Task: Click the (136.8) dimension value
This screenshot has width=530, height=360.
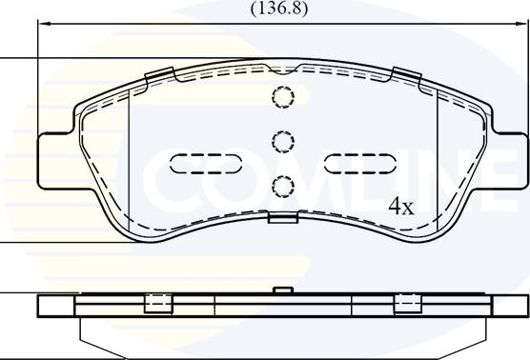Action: tap(279, 9)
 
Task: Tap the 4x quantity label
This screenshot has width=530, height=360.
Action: tap(401, 207)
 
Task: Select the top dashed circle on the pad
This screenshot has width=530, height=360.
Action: tap(283, 97)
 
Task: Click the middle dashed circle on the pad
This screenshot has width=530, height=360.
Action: tap(283, 141)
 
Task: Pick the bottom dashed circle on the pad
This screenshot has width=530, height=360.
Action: tap(283, 186)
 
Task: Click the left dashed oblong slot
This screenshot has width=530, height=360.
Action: tap(206, 164)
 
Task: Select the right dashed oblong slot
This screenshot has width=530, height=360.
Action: tap(360, 164)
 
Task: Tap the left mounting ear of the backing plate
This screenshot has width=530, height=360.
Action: tap(56, 160)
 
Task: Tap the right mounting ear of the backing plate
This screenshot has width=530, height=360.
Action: tap(509, 160)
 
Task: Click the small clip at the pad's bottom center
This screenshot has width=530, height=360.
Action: tap(283, 218)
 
